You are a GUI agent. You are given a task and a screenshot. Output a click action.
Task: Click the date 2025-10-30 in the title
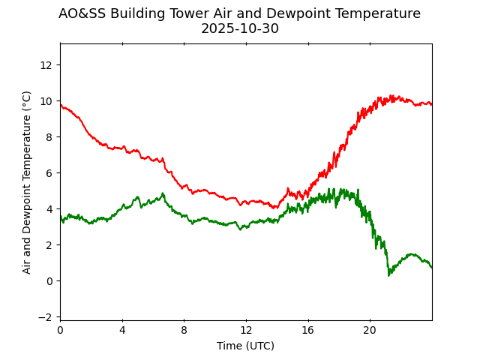239,28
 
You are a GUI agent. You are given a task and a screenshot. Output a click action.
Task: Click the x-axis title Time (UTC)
245,346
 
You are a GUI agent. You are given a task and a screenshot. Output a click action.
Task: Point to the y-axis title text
27,182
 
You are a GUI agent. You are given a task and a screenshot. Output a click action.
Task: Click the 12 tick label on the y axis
46,65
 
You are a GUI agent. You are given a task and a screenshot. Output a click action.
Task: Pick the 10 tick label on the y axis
46,101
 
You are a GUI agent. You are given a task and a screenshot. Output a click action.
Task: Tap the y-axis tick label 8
49,137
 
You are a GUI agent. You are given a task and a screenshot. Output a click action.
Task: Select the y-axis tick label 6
49,173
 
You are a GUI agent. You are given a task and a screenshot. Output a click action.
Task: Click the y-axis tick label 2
49,245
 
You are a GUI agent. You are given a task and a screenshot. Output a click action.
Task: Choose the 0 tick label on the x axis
60,330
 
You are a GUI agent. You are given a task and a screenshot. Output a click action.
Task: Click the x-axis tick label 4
122,330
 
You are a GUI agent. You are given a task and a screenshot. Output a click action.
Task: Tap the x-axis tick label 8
184,330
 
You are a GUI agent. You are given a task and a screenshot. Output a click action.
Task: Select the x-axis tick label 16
307,330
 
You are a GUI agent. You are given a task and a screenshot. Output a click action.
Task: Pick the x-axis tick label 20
370,330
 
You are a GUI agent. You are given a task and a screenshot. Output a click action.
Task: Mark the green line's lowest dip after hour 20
389,274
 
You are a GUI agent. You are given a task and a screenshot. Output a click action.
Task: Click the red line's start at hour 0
61,105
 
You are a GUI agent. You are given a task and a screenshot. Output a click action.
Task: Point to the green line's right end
431,268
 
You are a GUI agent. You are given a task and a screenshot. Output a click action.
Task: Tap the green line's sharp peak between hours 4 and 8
163,193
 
